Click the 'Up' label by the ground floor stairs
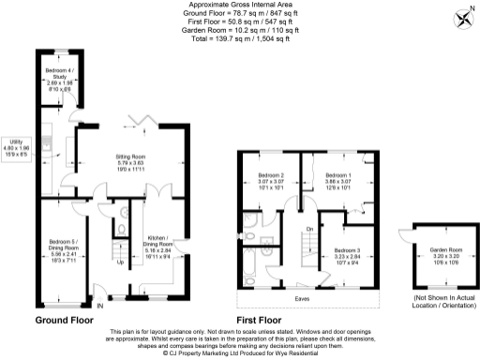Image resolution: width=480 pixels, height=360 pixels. (119, 262)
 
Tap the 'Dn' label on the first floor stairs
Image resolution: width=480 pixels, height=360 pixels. (308, 227)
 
